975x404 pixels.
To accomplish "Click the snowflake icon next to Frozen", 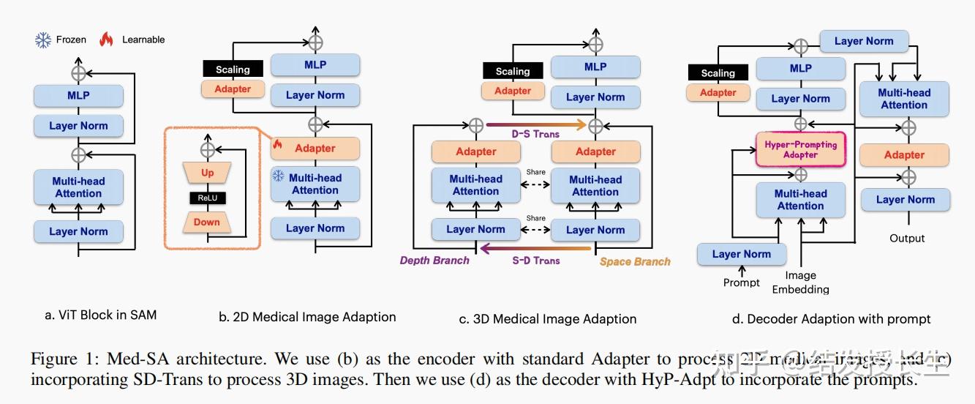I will point(43,40).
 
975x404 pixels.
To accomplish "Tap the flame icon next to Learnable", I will point(107,40).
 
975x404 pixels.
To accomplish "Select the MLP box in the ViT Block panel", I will point(78,95).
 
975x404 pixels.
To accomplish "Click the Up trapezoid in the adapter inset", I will point(208,173).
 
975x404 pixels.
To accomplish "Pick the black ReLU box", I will point(208,198).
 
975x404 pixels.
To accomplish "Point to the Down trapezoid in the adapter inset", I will point(207,222).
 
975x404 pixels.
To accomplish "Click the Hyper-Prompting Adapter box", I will point(800,149).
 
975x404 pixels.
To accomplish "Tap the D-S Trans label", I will point(535,134).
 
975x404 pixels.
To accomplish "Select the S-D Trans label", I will point(535,261).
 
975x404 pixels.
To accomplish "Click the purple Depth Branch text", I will point(434,261).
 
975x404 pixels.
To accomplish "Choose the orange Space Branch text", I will point(635,261).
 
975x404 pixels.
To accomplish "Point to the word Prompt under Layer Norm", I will point(741,283).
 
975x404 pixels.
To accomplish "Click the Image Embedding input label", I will point(800,283).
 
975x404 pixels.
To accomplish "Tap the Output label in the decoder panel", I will point(907,238).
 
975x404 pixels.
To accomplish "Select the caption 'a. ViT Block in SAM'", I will point(100,315).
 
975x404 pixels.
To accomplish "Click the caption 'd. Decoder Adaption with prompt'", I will point(832,318).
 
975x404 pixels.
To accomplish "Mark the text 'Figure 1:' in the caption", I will point(64,359).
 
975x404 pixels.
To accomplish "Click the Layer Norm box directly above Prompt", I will point(741,254).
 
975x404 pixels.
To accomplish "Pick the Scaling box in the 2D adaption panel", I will point(233,70).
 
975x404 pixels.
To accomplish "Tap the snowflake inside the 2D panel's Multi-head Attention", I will point(278,176).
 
